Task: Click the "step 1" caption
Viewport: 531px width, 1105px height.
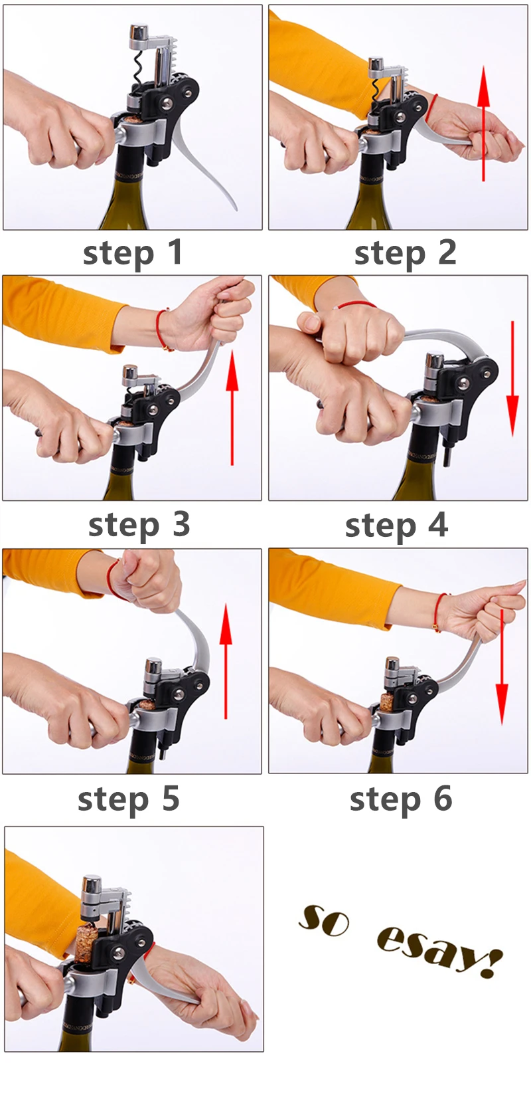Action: point(133,254)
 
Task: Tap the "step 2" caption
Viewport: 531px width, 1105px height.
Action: point(405,254)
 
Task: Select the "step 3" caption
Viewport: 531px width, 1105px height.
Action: point(139,526)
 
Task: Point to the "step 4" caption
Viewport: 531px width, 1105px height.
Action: point(396,526)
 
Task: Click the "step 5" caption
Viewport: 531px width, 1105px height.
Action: point(129,799)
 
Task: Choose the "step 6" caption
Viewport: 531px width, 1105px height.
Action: point(400,799)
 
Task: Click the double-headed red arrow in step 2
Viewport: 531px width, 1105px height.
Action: point(484,124)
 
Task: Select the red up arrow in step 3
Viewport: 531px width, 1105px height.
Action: point(232,407)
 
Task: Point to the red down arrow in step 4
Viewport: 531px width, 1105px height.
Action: point(512,379)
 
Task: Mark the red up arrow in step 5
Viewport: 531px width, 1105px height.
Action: point(226,661)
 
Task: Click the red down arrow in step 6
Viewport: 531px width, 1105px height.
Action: point(501,667)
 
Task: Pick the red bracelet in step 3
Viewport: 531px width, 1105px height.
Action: point(161,330)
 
